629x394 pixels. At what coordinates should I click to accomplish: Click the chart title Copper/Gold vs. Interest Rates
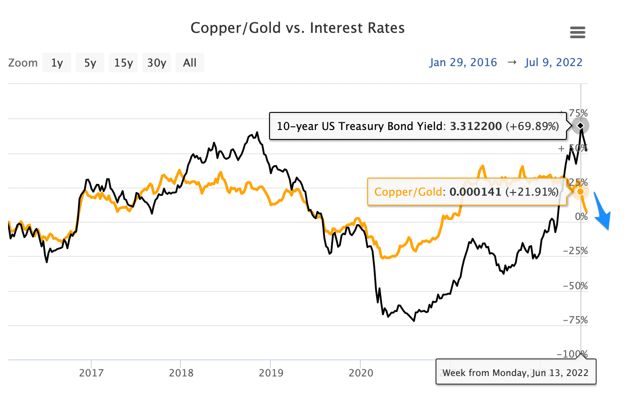[297, 28]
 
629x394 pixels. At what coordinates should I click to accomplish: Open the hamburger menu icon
[577, 32]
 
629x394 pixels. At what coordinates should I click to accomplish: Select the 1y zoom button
[57, 63]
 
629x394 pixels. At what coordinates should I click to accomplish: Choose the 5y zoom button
[90, 63]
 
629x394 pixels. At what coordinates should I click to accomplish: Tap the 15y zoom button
[123, 63]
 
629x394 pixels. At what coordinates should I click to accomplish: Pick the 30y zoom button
[157, 63]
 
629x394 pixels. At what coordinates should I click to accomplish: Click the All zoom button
[189, 63]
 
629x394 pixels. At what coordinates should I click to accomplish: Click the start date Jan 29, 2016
[463, 63]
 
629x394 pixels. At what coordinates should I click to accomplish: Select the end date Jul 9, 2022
[553, 63]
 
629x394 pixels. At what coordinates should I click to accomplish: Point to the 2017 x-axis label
[91, 373]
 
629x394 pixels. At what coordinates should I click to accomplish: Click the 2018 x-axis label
[181, 373]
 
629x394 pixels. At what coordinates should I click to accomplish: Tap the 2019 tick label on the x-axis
[271, 373]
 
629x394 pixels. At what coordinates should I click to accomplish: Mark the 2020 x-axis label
[361, 373]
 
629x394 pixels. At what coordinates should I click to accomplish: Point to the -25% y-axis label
[575, 251]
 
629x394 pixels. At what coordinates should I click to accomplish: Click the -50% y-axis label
[575, 286]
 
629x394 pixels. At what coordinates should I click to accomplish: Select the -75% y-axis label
[575, 320]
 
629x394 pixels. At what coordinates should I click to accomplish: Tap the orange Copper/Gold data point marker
[580, 192]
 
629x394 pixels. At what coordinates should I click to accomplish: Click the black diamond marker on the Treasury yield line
[581, 125]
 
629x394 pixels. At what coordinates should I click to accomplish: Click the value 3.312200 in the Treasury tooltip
[476, 126]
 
